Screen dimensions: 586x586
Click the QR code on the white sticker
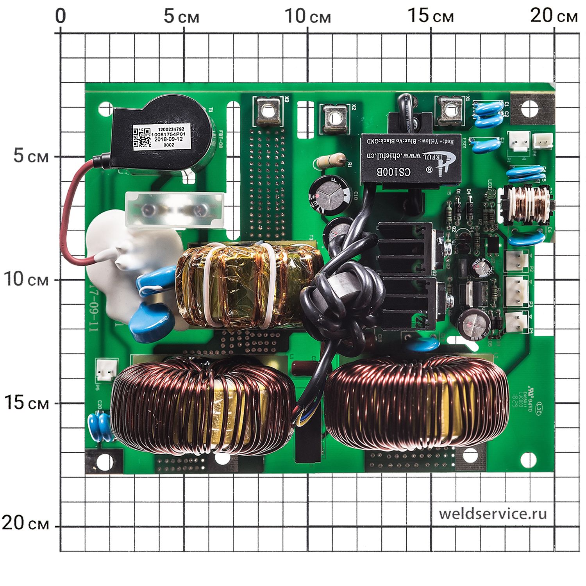pos(141,138)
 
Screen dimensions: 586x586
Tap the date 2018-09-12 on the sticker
pos(168,139)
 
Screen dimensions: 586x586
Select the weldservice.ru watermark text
pos(493,513)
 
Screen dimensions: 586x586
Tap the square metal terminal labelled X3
pos(268,111)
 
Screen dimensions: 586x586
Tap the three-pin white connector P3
pos(516,291)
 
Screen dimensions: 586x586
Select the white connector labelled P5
pos(106,370)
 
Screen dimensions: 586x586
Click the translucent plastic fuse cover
pos(174,209)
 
